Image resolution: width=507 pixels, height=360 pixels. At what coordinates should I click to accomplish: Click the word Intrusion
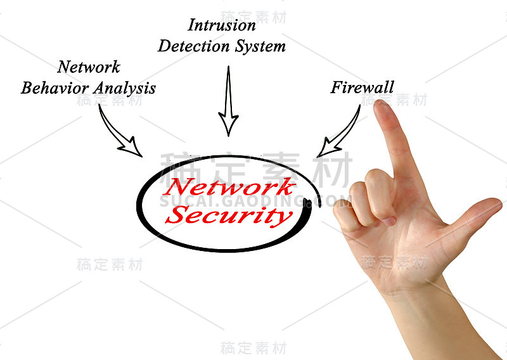[x=222, y=25]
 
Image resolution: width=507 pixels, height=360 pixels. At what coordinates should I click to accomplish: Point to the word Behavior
[x=55, y=88]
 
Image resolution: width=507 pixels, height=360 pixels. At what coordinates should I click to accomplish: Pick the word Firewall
[x=363, y=87]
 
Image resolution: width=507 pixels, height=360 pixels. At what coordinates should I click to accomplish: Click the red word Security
[x=229, y=215]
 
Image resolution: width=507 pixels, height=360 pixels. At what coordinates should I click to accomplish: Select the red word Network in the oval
[x=229, y=186]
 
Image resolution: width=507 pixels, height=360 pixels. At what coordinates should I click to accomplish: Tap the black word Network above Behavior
[x=89, y=67]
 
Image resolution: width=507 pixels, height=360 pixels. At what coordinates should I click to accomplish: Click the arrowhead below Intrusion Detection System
[x=229, y=124]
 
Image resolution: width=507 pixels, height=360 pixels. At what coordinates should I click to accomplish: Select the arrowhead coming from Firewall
[x=328, y=148]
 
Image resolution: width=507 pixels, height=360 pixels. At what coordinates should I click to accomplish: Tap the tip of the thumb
[x=498, y=203]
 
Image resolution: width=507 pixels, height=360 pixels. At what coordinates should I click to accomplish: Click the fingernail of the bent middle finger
[x=389, y=221]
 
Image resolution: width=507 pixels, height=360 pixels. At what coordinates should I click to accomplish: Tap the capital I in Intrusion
[x=193, y=25]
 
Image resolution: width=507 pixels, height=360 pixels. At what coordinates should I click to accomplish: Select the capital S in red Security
[x=177, y=214]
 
